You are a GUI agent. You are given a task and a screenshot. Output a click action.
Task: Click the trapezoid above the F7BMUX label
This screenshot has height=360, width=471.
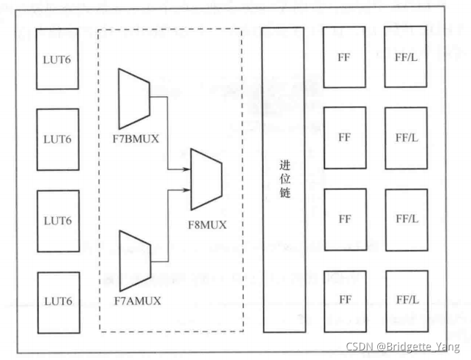click(133, 98)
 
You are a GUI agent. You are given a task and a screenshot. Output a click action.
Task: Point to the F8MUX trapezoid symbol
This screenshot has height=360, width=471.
click(207, 178)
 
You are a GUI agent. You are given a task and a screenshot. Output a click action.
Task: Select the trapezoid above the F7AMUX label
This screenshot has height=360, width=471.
click(133, 260)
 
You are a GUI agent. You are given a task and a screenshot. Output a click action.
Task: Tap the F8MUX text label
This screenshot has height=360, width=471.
click(207, 224)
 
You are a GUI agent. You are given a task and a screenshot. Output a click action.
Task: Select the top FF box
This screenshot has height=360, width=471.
click(344, 56)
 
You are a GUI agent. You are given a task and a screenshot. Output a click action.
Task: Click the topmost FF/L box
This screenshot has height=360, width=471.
click(407, 56)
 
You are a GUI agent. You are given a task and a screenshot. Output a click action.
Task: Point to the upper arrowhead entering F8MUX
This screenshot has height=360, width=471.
click(186, 168)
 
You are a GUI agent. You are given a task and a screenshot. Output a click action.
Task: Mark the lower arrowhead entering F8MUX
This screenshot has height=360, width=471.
click(186, 190)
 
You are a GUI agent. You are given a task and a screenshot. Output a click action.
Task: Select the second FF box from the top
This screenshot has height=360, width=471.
click(344, 138)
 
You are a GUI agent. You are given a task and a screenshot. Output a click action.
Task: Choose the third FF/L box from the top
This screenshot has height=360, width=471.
click(407, 219)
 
